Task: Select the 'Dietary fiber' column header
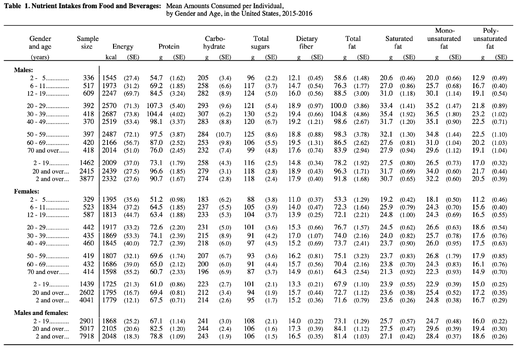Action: coord(307,43)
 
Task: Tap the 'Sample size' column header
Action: coord(87,43)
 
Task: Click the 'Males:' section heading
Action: coord(24,69)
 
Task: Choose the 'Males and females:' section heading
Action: coord(41,312)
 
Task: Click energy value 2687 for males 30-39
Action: coord(110,114)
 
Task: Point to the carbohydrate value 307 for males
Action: coord(204,114)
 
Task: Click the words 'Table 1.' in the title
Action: coord(19,6)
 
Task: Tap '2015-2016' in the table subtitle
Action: coord(296,13)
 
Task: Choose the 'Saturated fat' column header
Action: coord(399,43)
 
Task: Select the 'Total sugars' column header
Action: coord(261,43)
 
